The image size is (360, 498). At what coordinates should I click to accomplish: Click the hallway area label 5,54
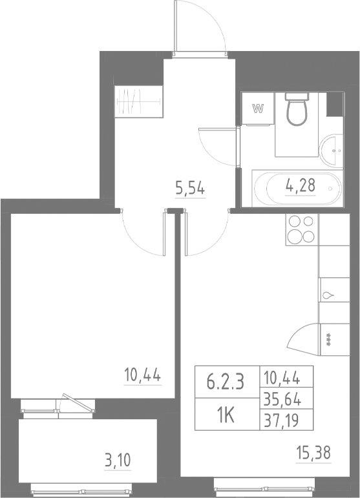pyautogui.click(x=191, y=189)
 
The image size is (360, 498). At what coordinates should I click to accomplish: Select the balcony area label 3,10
pyautogui.click(x=117, y=461)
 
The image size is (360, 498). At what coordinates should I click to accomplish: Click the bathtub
pyautogui.click(x=295, y=188)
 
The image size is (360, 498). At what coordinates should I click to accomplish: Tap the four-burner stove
pyautogui.click(x=301, y=229)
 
